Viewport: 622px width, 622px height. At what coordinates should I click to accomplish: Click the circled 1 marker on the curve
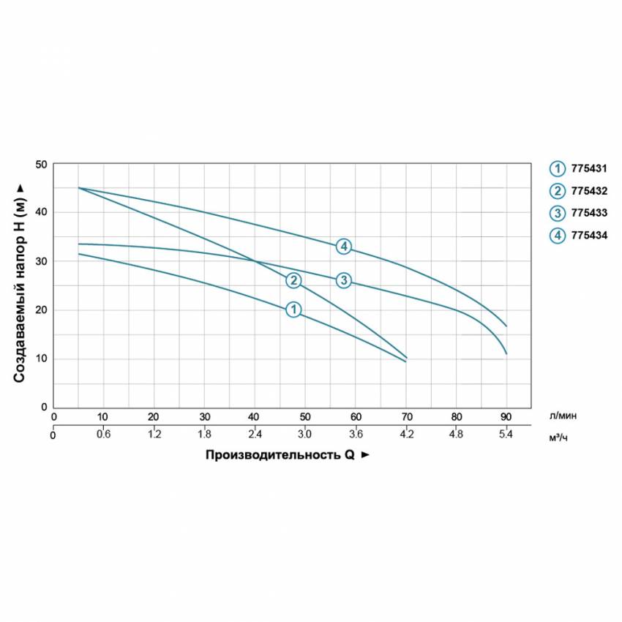(293, 310)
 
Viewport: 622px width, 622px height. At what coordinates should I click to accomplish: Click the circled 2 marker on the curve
(293, 280)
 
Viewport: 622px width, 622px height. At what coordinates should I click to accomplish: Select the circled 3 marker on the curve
(344, 280)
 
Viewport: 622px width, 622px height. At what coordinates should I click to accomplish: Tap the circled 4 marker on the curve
(344, 247)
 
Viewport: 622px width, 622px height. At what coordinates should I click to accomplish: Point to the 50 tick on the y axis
(41, 164)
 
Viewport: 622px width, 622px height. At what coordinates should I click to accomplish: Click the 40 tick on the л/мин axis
(254, 416)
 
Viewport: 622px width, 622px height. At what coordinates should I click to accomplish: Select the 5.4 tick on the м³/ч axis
(506, 434)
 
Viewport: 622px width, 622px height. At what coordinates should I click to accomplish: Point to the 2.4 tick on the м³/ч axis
(254, 434)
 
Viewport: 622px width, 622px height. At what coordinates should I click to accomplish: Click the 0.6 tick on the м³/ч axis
(103, 434)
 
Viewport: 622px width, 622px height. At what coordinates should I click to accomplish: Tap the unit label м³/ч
(559, 437)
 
